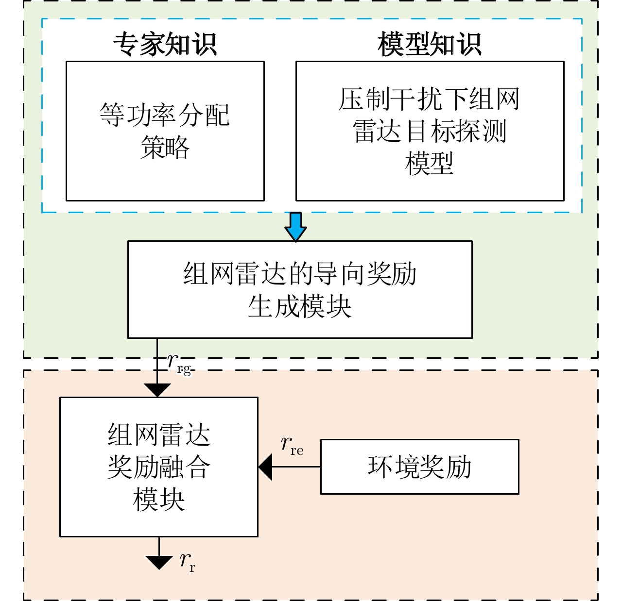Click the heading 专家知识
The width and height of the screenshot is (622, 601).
pyautogui.click(x=165, y=45)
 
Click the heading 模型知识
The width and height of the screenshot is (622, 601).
pyautogui.click(x=430, y=45)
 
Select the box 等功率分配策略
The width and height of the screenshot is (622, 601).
pyautogui.click(x=165, y=131)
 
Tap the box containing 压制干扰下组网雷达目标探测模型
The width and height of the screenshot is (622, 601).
pyautogui.click(x=430, y=131)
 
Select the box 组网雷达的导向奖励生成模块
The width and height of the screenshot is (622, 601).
pyautogui.click(x=299, y=289)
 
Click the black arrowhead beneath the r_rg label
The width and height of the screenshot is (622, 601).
pyautogui.click(x=157, y=390)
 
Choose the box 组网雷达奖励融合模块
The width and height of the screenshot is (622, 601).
pyautogui.click(x=158, y=467)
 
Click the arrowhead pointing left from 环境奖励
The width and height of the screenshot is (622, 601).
pyautogui.click(x=265, y=467)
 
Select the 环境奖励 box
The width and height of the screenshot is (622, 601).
pyautogui.click(x=419, y=467)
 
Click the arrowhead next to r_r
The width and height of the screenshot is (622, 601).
pyautogui.click(x=159, y=562)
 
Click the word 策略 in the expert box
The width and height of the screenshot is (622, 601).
pyautogui.click(x=165, y=147)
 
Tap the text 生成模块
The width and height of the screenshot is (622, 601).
pyautogui.click(x=299, y=306)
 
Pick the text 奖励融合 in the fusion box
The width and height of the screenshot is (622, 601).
pyautogui.click(x=158, y=467)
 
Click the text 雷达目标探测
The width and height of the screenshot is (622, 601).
pyautogui.click(x=430, y=131)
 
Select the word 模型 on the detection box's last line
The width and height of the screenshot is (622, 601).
pyautogui.click(x=430, y=163)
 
